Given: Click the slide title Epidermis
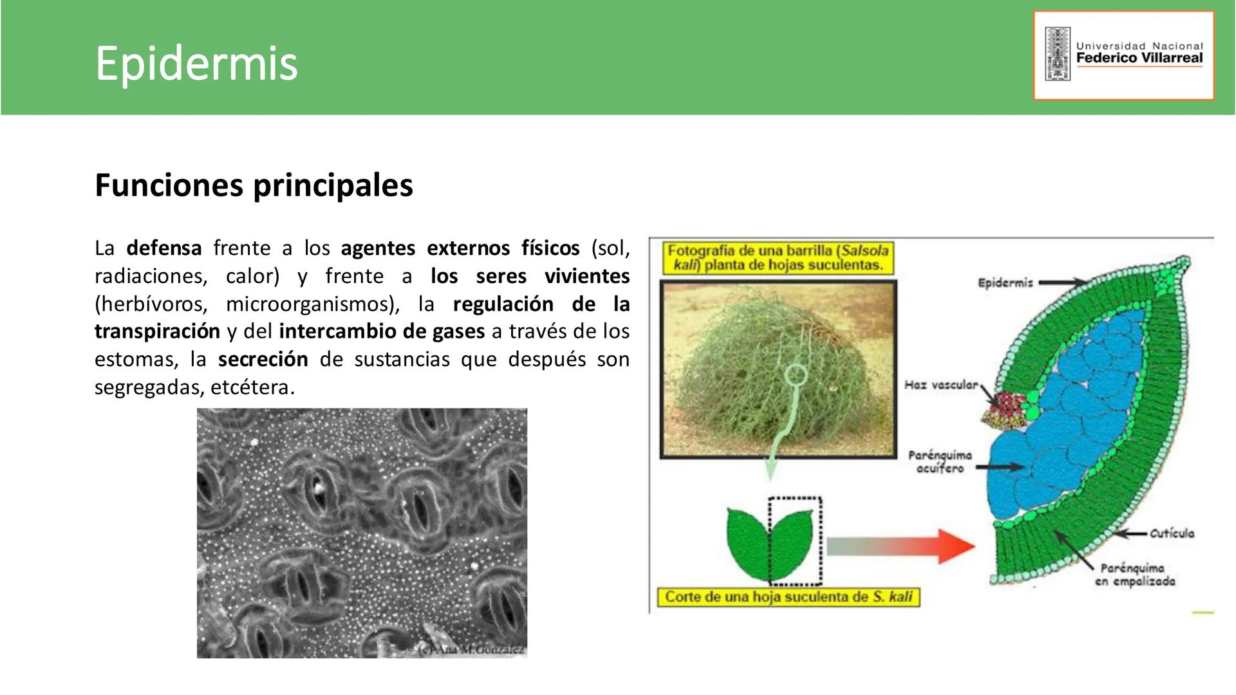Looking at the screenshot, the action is (196, 64).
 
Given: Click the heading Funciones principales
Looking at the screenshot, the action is (254, 185).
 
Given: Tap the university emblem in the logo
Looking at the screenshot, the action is (1058, 54).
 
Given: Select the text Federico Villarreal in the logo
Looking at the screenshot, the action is (1139, 58).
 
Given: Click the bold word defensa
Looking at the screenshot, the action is (164, 248).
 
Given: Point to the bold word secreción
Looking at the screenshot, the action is (263, 359).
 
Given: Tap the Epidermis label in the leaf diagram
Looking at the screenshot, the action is (1005, 283).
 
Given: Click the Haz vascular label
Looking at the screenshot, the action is (941, 385).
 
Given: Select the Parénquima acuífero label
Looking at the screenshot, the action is (940, 461).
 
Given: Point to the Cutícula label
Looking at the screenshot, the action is (1172, 533).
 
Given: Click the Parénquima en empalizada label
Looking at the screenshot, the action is (1135, 575).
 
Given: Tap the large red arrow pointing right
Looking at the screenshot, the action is (901, 546).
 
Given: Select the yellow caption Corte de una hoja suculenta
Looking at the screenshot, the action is (789, 597).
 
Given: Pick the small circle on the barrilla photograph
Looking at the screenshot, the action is (796, 375).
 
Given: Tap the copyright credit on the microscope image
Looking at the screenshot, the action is (471, 650).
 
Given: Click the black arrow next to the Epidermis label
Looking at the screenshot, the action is (1062, 283).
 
